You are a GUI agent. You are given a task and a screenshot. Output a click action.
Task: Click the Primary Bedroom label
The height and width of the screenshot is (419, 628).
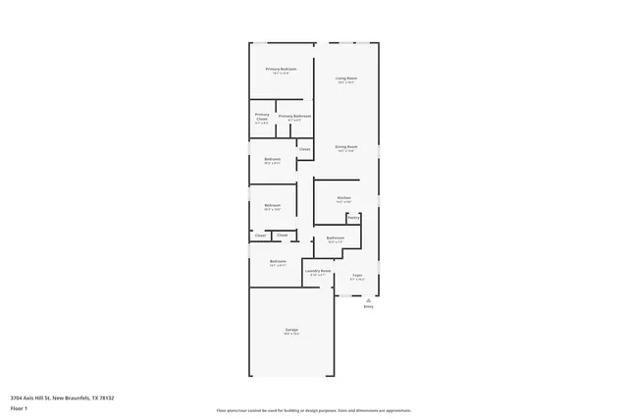(x=281, y=69)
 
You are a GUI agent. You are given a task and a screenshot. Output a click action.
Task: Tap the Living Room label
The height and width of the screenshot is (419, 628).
(x=345, y=78)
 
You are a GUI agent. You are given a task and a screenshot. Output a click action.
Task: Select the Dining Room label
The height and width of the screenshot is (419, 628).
(x=346, y=147)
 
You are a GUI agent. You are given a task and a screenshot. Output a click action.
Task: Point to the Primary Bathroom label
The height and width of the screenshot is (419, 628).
(x=294, y=116)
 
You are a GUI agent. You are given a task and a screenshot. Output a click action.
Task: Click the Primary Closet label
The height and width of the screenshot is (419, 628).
(x=261, y=118)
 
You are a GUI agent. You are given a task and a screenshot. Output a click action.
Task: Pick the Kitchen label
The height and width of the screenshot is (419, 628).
(x=343, y=197)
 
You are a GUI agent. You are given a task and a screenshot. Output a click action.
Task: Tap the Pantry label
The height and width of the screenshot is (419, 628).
(x=353, y=217)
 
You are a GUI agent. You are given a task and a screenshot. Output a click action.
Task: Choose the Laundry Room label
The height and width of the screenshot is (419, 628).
(x=318, y=270)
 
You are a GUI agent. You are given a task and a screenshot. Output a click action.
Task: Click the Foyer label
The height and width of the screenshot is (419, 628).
(x=358, y=275)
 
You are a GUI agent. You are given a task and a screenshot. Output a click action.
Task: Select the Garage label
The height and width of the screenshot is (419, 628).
(x=291, y=329)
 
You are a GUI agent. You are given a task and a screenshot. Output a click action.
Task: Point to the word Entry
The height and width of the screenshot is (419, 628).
(x=368, y=307)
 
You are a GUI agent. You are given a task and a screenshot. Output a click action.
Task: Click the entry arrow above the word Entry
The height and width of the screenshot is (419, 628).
(x=368, y=300)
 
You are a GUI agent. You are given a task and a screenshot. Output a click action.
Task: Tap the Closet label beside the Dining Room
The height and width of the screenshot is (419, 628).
(x=304, y=149)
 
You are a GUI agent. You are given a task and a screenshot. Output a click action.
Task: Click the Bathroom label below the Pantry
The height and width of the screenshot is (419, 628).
(x=336, y=237)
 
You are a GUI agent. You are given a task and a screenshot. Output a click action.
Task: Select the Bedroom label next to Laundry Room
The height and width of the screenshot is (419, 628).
(x=278, y=261)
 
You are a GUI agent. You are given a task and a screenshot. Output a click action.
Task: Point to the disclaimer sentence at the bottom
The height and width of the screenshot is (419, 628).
(x=313, y=410)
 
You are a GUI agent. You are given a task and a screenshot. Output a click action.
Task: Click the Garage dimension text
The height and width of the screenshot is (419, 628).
(x=291, y=335)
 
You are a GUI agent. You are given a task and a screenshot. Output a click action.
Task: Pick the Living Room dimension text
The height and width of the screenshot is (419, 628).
(x=345, y=82)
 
